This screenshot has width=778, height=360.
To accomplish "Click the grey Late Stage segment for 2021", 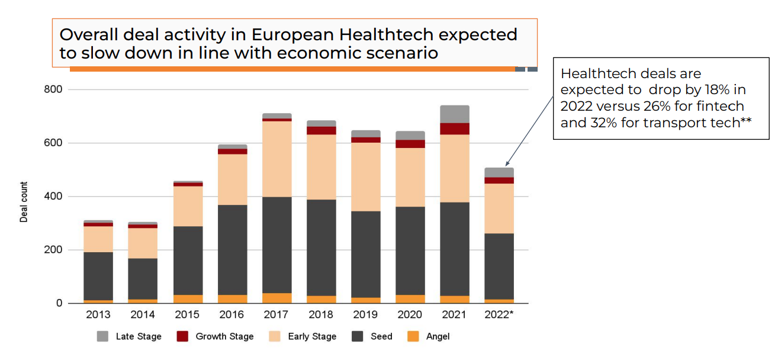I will point(455,114).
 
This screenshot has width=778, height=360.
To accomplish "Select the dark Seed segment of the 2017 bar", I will point(277,245).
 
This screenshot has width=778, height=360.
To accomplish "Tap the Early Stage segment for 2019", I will point(366,177).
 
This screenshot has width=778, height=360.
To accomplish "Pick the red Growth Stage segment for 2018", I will point(322,130).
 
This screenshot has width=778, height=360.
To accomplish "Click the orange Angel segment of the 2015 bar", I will point(188,299).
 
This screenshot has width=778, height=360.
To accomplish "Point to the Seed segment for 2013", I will point(98,277).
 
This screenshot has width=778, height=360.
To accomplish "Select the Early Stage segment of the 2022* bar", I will point(499,208).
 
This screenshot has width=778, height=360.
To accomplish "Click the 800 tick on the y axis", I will point(57,89).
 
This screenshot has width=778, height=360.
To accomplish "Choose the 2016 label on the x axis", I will point(232,315).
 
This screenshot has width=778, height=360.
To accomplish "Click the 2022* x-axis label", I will point(499,315).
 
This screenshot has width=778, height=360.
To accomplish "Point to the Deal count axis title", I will point(24,202).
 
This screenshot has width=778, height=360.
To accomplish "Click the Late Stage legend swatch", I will point(102,336).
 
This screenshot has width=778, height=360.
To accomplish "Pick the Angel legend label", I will point(438,336).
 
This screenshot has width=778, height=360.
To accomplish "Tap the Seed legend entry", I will point(381,336).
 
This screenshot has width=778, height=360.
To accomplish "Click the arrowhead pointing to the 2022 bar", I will point(507,165).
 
